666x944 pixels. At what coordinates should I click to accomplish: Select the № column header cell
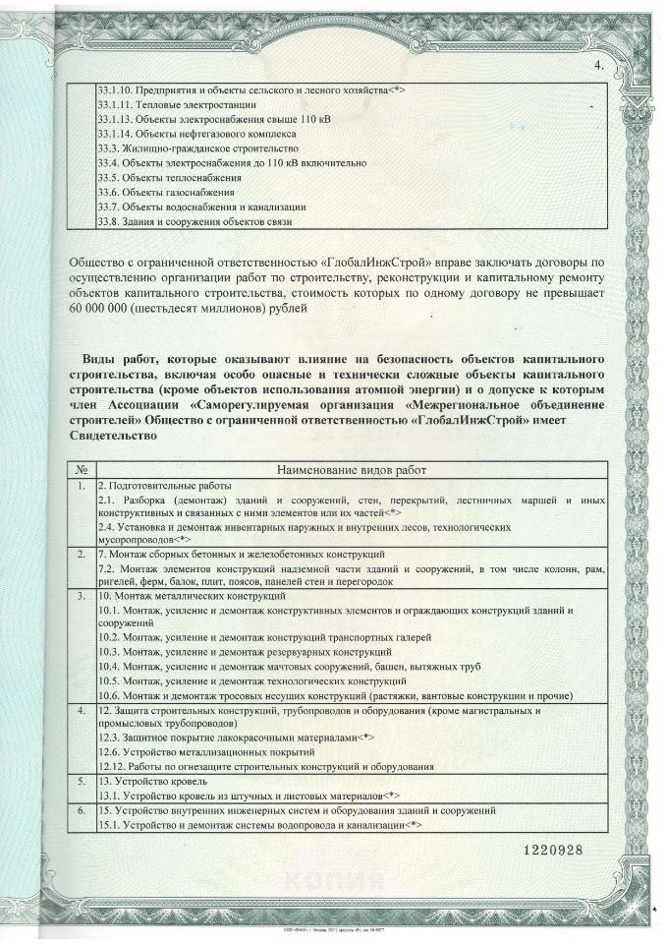click(x=83, y=470)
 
